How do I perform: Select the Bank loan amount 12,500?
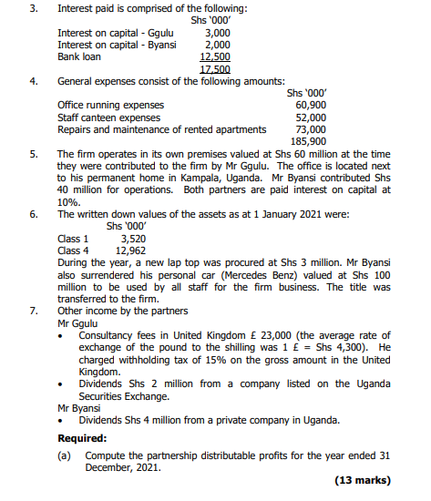pos(214,56)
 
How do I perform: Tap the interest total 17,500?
pos(214,68)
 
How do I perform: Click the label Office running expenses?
pos(110,106)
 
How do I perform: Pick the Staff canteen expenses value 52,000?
pos(311,118)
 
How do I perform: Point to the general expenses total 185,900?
pos(308,141)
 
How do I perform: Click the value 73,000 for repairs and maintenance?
pos(311,129)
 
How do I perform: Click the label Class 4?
pos(73,250)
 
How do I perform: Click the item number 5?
pos(34,154)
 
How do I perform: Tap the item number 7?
pos(34,310)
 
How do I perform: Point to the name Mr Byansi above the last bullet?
pos(79,407)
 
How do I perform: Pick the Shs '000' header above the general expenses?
pos(306,93)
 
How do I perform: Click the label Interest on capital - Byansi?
pos(117,45)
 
